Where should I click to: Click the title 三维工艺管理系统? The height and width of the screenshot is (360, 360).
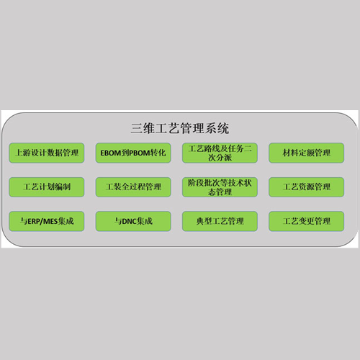[x=180, y=128]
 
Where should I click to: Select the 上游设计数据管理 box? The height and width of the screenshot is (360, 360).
[x=47, y=153]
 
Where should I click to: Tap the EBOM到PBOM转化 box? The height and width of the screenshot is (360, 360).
[x=133, y=153]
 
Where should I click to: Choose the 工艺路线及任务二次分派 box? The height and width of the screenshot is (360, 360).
[x=220, y=153]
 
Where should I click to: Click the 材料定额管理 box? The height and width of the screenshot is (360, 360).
[x=307, y=153]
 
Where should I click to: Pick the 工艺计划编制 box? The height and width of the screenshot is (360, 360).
[x=47, y=187]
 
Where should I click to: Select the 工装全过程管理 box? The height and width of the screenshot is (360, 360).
[x=133, y=187]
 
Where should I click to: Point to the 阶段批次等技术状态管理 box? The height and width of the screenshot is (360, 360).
[x=220, y=187]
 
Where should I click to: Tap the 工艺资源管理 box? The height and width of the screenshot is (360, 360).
[x=307, y=187]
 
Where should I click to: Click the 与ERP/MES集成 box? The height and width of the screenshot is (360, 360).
[x=47, y=221]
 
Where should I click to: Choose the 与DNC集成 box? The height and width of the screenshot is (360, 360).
[x=133, y=221]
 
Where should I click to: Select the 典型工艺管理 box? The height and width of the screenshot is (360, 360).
[x=220, y=221]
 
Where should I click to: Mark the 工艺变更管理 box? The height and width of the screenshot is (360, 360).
[x=307, y=221]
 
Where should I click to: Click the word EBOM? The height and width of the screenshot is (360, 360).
[x=111, y=153]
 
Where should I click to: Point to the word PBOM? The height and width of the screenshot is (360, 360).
[x=140, y=153]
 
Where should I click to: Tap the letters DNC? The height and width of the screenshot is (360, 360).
[x=130, y=221]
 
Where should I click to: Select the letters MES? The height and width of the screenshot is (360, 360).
[x=50, y=221]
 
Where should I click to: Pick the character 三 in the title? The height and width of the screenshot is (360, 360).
[x=136, y=128]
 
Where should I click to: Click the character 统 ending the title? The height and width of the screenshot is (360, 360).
[x=223, y=128]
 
